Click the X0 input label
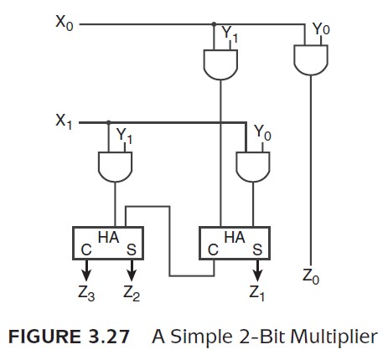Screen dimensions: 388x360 click(65, 23)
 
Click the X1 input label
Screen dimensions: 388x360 click(64, 121)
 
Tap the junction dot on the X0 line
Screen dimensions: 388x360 click(214, 24)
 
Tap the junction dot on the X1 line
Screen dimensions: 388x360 click(109, 122)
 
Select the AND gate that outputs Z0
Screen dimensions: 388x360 click(311, 60)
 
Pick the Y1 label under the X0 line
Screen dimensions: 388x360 click(230, 34)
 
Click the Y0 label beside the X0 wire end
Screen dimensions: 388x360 click(321, 28)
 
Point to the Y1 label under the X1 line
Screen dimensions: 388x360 click(124, 136)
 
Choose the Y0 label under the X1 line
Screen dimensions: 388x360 click(262, 133)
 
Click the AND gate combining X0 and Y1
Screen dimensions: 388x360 click(220, 64)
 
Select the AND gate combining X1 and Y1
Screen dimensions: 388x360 click(115, 167)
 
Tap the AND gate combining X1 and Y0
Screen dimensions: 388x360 click(253, 167)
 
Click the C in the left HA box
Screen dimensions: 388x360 click(86, 249)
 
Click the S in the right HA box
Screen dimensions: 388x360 click(257, 249)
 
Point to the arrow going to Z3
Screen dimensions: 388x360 click(86, 270)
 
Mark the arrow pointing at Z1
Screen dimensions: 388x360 click(257, 270)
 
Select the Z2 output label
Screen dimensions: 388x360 click(132, 293)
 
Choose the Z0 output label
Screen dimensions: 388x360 click(311, 276)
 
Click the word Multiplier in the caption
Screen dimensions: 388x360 click(334, 337)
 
